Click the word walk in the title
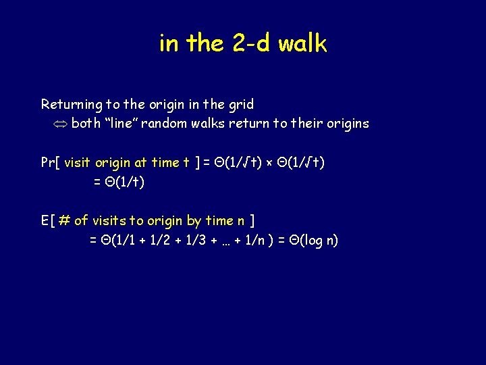302,44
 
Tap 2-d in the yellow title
251,44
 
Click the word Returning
71,105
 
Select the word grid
240,105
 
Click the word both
86,123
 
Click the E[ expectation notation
47,220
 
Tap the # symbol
64,220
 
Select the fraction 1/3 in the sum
204,240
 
